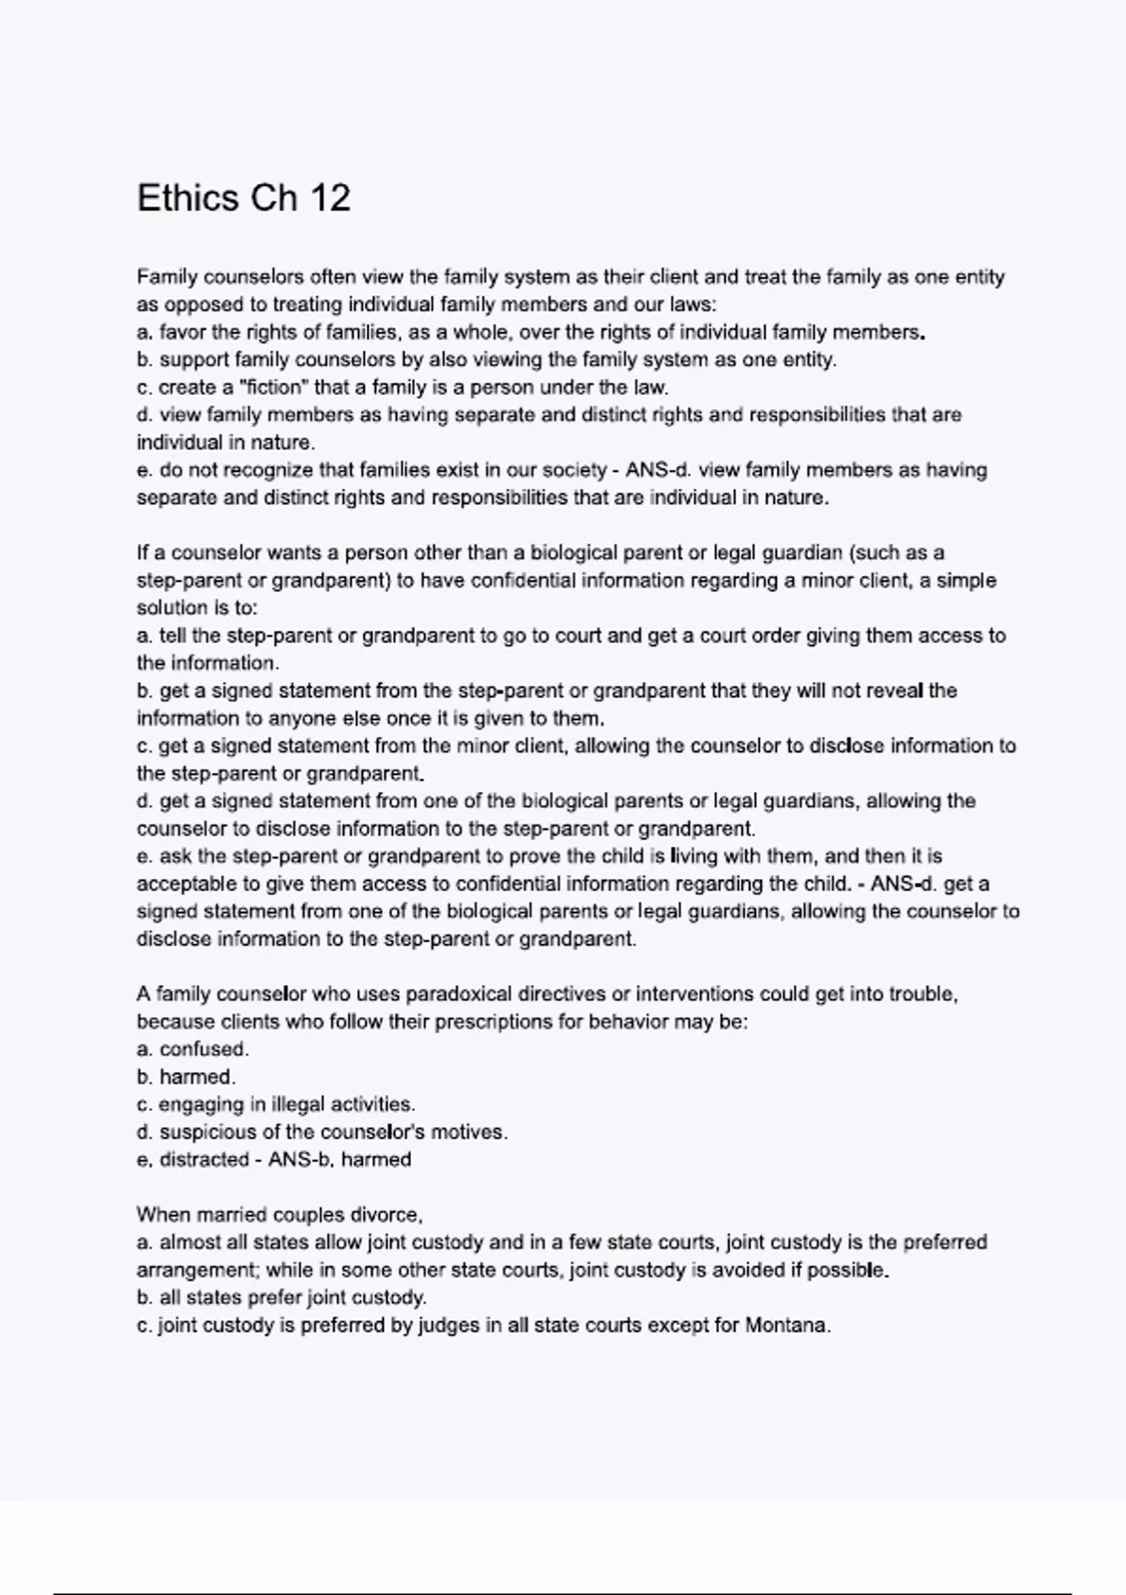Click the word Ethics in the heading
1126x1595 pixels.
tap(188, 198)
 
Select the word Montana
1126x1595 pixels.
tap(786, 1326)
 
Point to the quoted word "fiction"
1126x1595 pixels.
tap(274, 387)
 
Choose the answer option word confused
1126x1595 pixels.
tap(203, 1050)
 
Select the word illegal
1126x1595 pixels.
tap(297, 1105)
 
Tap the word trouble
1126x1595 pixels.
tap(922, 995)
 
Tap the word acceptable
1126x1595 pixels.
tap(183, 885)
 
